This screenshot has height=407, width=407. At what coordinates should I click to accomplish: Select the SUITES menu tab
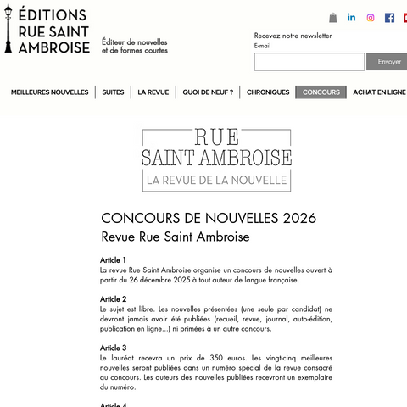point(113,92)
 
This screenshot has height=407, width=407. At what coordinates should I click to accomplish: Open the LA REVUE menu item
point(153,92)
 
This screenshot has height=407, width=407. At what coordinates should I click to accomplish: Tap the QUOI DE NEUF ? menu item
point(208,92)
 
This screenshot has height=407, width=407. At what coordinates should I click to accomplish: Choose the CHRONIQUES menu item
point(268,92)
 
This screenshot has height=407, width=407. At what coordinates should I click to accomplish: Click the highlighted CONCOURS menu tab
point(321,92)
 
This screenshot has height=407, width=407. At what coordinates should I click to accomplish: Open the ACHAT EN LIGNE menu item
point(379,92)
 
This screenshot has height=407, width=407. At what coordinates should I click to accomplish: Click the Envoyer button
point(388,62)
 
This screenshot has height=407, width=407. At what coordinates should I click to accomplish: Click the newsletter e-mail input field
point(309,62)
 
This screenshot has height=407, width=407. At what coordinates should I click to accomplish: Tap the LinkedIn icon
point(352,18)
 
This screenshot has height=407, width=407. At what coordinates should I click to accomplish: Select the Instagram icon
point(371,18)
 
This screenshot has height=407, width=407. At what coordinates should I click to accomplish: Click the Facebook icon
point(389,18)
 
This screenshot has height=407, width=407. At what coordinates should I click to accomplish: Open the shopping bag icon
point(333,18)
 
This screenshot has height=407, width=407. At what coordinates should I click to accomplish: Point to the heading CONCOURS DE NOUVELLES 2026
point(209,218)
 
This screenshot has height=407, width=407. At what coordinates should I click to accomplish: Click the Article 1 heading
point(113,260)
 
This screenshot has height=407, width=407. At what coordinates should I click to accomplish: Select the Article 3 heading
point(113,348)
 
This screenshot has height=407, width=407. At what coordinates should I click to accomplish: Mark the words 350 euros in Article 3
point(216,358)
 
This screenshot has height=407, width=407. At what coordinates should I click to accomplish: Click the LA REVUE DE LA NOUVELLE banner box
point(217,180)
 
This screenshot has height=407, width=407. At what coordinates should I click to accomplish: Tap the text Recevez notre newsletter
point(293,36)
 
